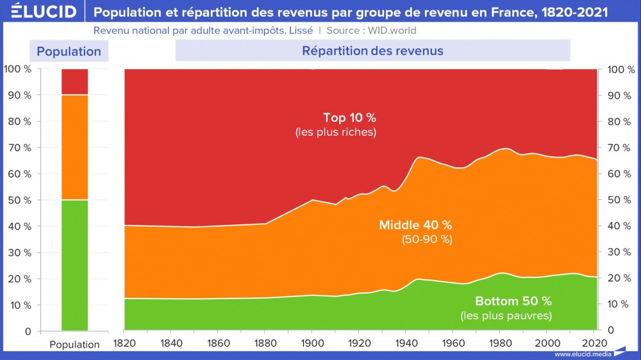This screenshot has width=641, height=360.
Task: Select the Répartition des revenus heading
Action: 372,51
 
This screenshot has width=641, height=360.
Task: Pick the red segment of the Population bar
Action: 74,81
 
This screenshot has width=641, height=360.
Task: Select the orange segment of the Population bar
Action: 74,147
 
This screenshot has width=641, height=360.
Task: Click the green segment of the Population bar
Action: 74,265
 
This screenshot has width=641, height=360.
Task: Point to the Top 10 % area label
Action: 349,118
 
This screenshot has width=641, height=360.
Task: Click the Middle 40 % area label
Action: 415,225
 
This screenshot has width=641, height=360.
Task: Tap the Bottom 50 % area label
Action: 513,301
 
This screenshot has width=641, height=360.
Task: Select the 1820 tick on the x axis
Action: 124,343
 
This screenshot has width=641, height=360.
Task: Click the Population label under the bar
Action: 74,345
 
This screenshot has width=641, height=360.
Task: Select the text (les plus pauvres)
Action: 506,316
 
